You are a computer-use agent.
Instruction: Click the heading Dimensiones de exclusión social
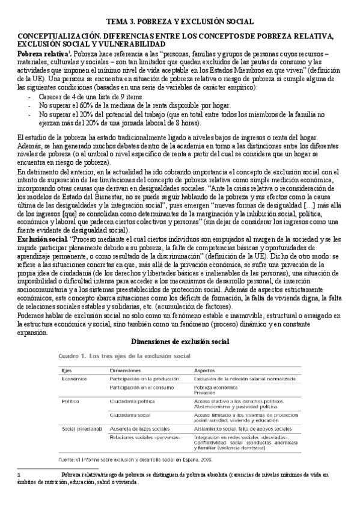pos(180,342)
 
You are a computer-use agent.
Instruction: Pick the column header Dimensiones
pos(125,370)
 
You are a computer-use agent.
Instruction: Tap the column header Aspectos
pos(206,370)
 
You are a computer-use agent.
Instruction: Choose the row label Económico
pos(74,380)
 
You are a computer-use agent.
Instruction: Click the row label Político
pos(70,399)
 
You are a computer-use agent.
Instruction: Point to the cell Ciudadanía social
pos(130,415)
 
